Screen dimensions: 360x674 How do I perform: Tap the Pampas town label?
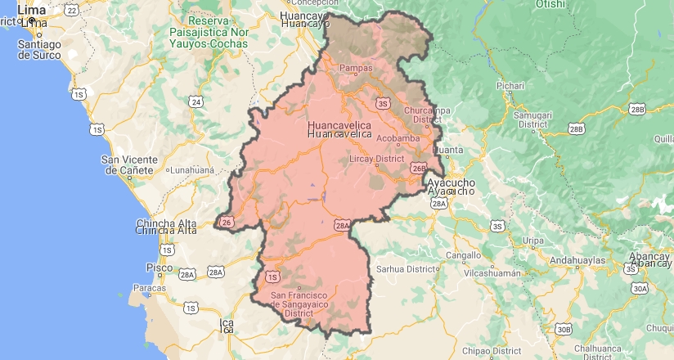click(x=356, y=69)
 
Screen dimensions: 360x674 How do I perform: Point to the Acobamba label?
click(x=398, y=138)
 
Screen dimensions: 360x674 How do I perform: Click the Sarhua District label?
click(x=403, y=268)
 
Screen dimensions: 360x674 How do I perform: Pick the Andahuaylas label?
click(x=577, y=259)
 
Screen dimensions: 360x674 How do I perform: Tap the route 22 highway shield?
click(x=72, y=10)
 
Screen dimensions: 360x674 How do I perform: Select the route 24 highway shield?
click(x=195, y=101)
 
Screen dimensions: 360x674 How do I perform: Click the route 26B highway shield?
click(x=419, y=169)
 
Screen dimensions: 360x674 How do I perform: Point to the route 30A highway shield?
click(x=639, y=288)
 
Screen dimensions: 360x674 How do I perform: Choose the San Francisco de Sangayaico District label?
click(x=299, y=304)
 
